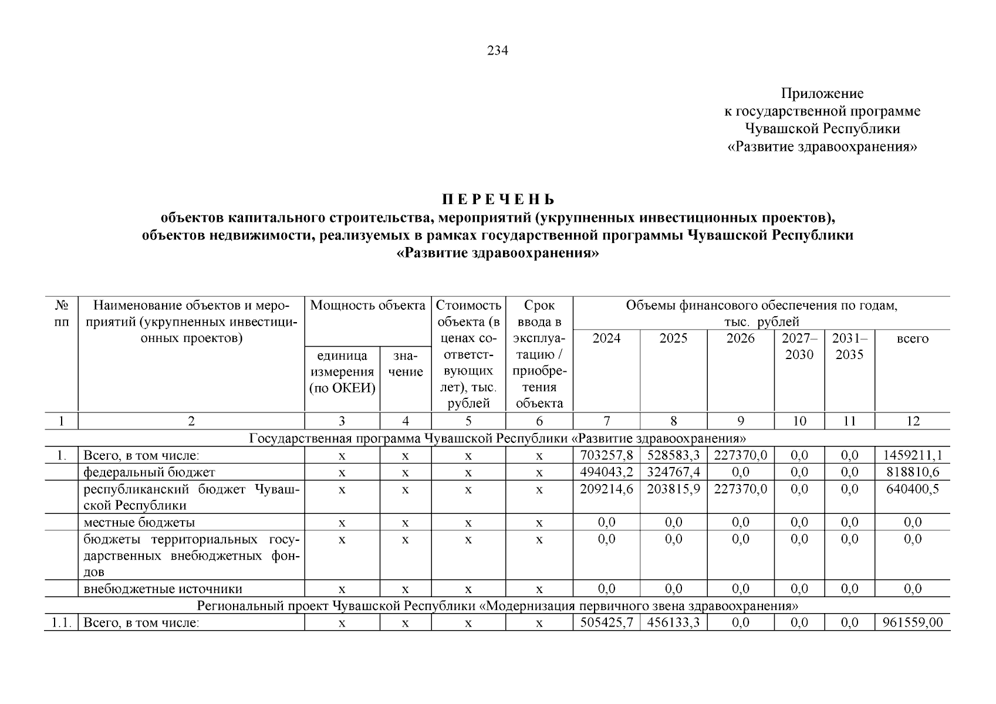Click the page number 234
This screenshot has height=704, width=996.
click(498, 50)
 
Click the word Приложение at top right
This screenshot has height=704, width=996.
click(822, 93)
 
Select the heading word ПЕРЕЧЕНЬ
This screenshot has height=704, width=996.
click(498, 199)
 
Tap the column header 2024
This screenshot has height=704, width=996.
click(606, 339)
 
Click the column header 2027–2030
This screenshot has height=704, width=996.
click(799, 347)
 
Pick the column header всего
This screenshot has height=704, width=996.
click(913, 339)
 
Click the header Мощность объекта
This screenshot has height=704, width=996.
click(368, 306)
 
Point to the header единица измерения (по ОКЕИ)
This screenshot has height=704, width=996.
click(342, 372)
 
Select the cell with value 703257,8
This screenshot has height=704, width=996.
click(606, 455)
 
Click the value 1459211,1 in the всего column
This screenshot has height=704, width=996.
click(913, 455)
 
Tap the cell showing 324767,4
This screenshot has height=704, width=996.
click(673, 472)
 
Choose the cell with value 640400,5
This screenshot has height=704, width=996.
click(913, 489)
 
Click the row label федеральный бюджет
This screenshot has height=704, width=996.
click(149, 472)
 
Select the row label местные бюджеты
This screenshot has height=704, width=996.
click(139, 522)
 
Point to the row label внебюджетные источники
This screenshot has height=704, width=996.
click(163, 589)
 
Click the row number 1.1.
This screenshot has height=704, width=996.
click(60, 622)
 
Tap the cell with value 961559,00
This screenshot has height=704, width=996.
click(913, 622)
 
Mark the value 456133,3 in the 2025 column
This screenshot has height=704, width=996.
click(673, 622)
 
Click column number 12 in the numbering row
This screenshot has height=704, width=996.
click(913, 421)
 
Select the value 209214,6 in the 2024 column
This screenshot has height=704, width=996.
click(606, 489)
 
